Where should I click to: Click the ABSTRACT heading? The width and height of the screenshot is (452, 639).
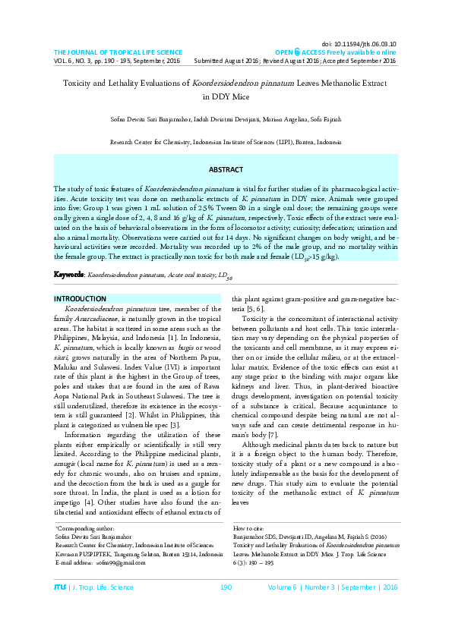[226, 169]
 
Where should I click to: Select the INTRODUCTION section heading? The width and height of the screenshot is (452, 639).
[80, 298]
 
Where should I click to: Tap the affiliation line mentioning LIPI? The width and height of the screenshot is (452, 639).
[226, 142]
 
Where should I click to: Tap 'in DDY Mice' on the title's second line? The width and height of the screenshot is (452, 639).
[226, 96]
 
